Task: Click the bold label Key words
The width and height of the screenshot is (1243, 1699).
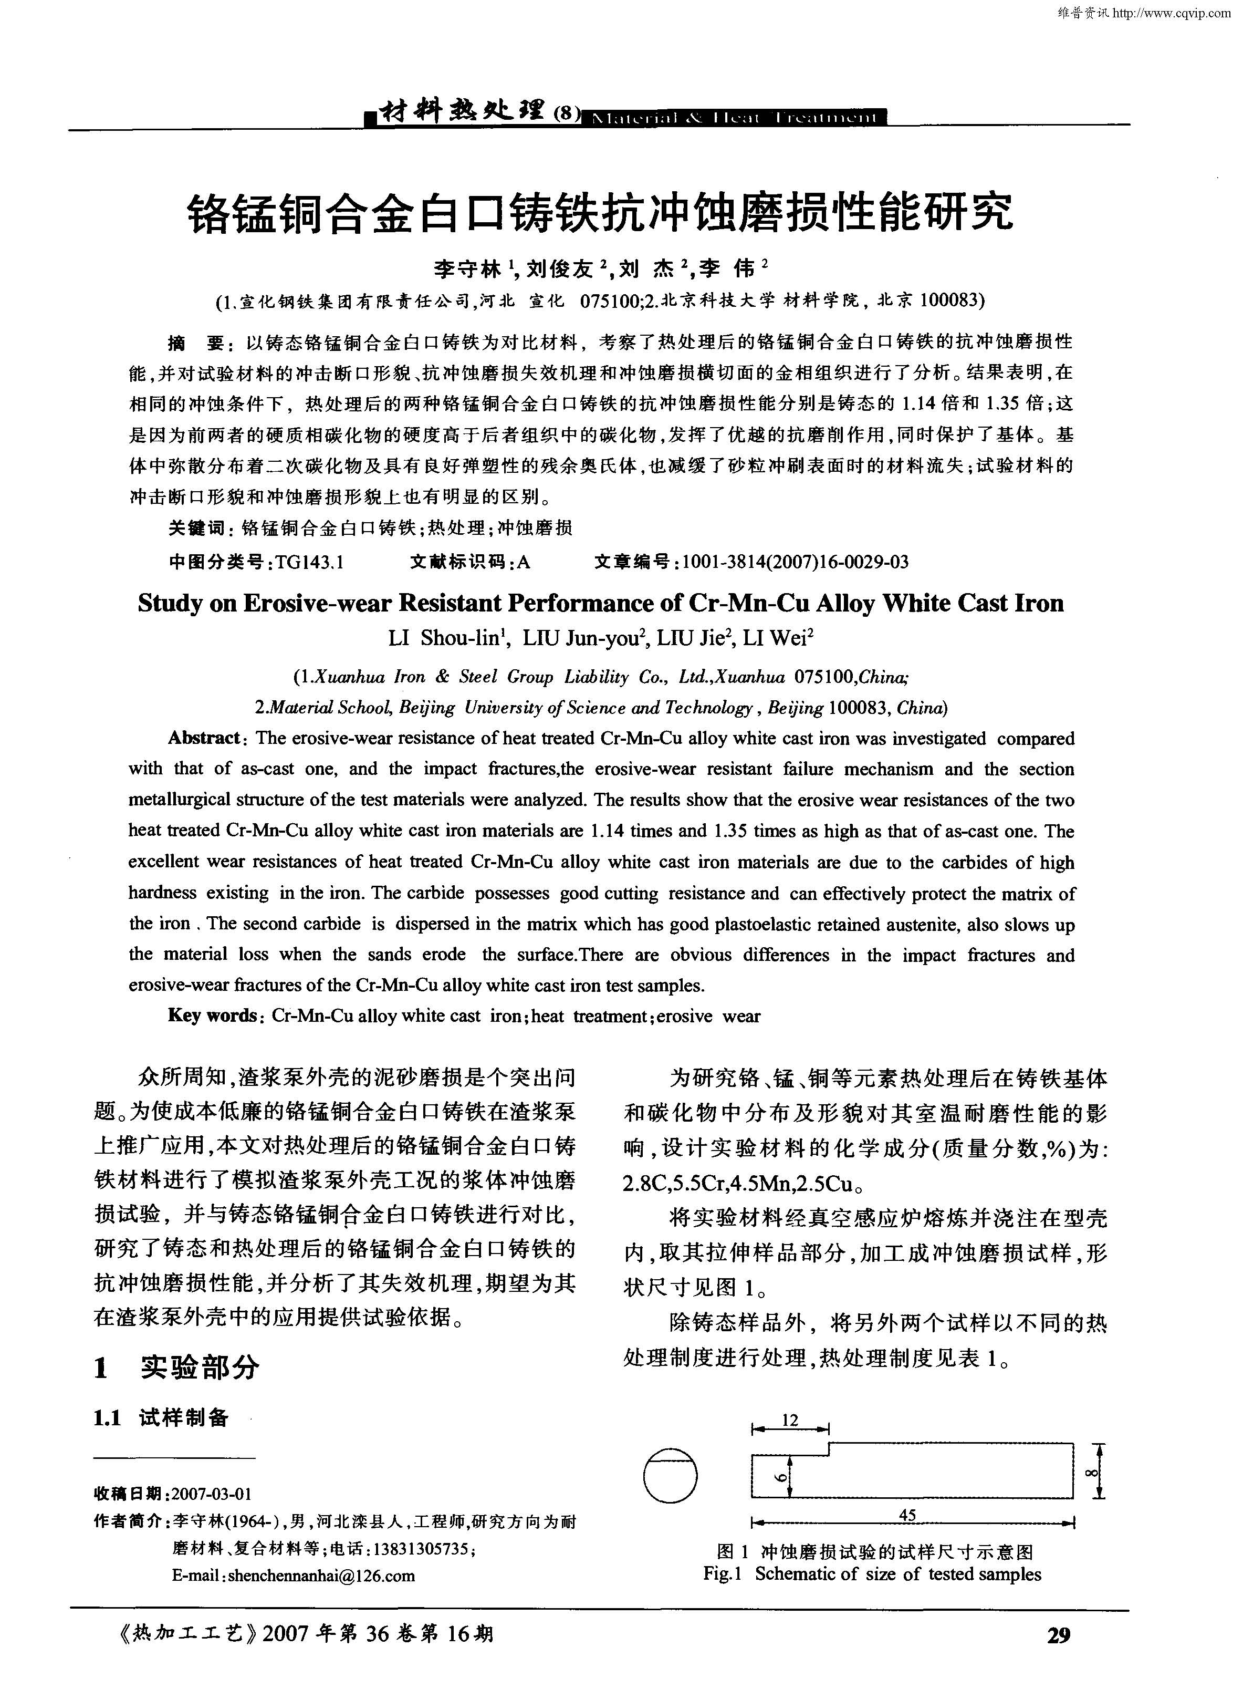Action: tap(212, 1016)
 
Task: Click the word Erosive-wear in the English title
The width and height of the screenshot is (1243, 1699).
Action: tap(316, 603)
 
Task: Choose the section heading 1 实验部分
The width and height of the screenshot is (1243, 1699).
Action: tap(177, 1364)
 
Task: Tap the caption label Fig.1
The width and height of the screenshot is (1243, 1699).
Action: tap(723, 1573)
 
